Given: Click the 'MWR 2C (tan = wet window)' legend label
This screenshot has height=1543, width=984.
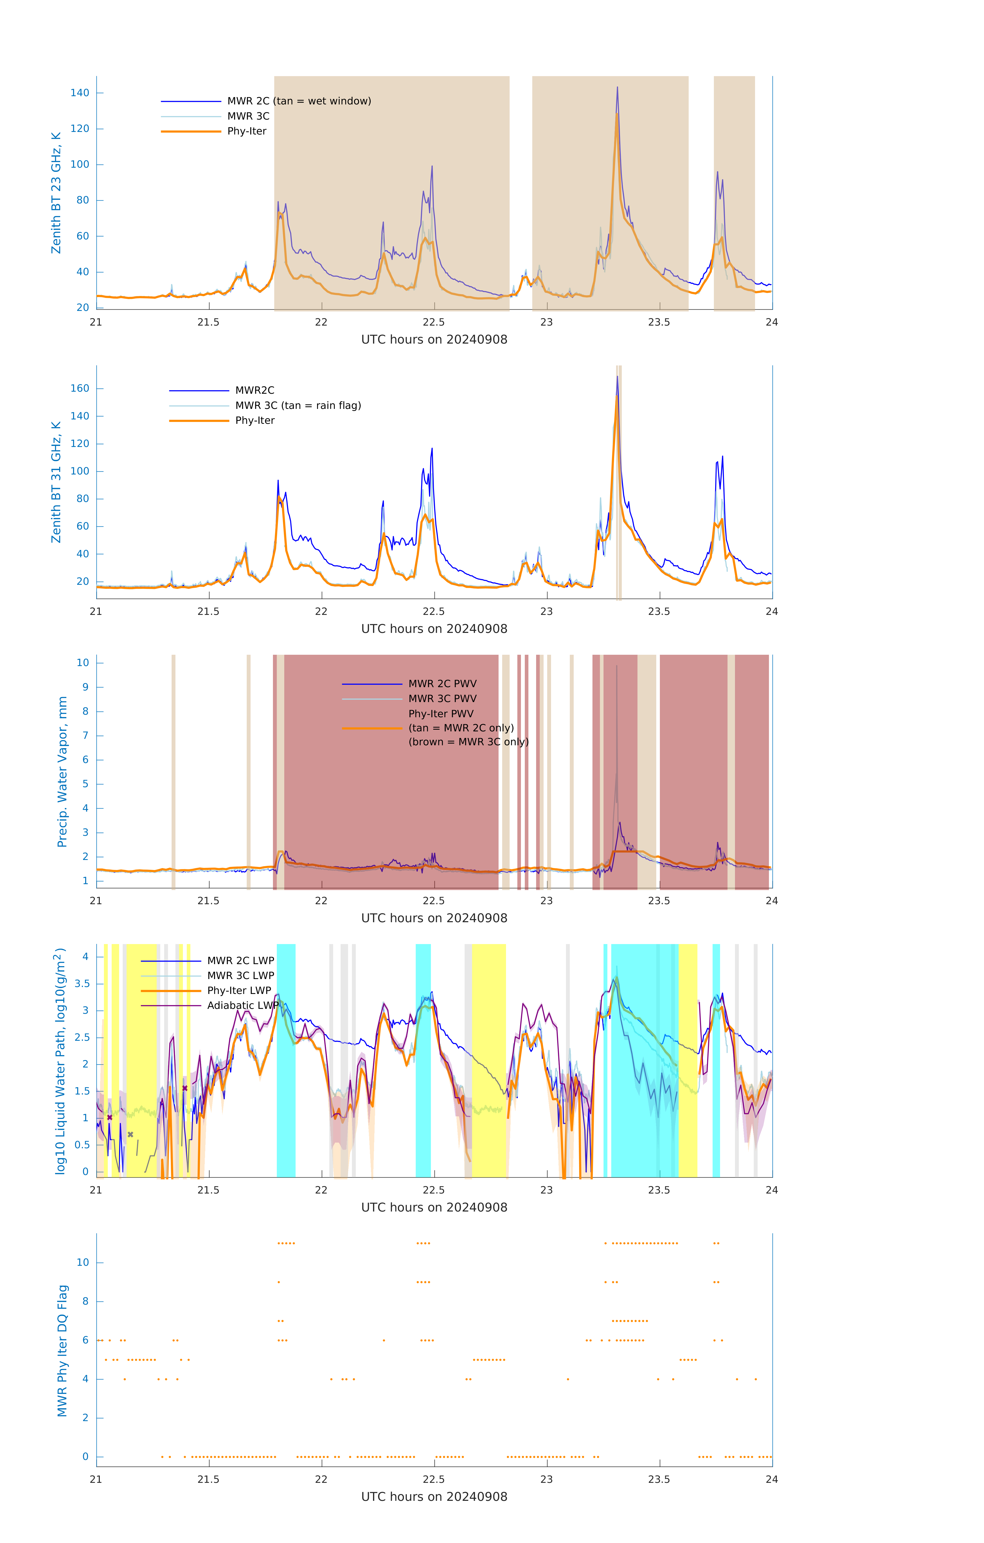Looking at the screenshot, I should (x=299, y=101).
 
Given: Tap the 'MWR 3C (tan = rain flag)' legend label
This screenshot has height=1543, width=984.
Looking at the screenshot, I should (x=298, y=406).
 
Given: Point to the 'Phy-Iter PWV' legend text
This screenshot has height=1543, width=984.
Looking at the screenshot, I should (x=441, y=714).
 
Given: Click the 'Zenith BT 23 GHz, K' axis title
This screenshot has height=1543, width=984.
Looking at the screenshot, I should (x=56, y=193).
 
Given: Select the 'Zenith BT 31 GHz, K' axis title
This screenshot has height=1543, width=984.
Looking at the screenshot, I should (x=56, y=482).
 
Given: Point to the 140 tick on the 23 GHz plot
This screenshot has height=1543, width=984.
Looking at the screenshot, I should (x=80, y=93).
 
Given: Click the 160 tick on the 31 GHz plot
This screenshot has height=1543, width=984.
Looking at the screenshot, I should (x=80, y=388).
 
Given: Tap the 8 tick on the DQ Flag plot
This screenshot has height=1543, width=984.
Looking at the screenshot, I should (x=85, y=1302).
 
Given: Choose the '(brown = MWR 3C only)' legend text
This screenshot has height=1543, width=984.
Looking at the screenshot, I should (x=469, y=742).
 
